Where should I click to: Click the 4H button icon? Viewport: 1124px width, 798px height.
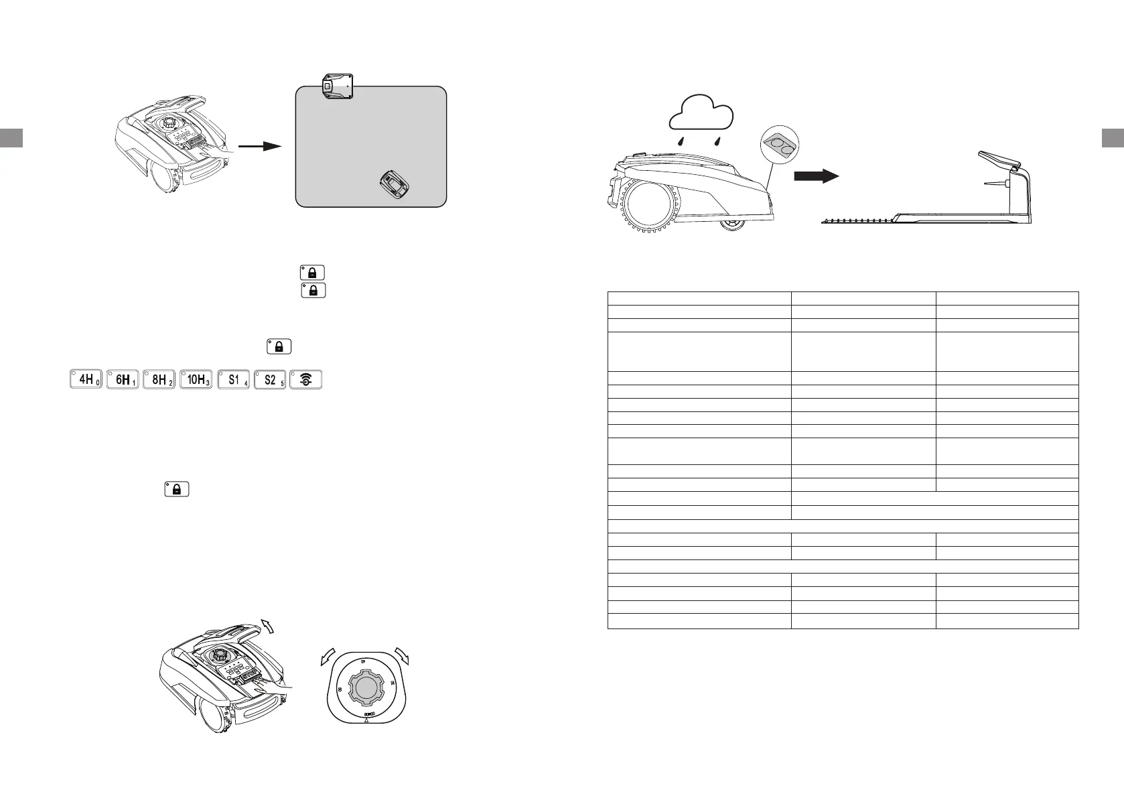(x=86, y=379)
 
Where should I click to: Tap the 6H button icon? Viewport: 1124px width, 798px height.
(x=123, y=379)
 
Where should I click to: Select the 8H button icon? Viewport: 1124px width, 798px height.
(x=159, y=379)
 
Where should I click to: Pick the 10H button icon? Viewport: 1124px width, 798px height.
(x=196, y=379)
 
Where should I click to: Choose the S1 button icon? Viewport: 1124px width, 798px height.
(x=234, y=379)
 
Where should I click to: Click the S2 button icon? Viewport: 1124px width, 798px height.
(x=270, y=379)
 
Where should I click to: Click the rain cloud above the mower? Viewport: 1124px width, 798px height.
(x=702, y=114)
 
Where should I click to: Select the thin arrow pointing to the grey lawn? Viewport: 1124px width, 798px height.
(x=260, y=146)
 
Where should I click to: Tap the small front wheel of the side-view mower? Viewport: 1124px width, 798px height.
(x=732, y=226)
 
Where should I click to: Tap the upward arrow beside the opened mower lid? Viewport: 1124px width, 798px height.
(x=268, y=626)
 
